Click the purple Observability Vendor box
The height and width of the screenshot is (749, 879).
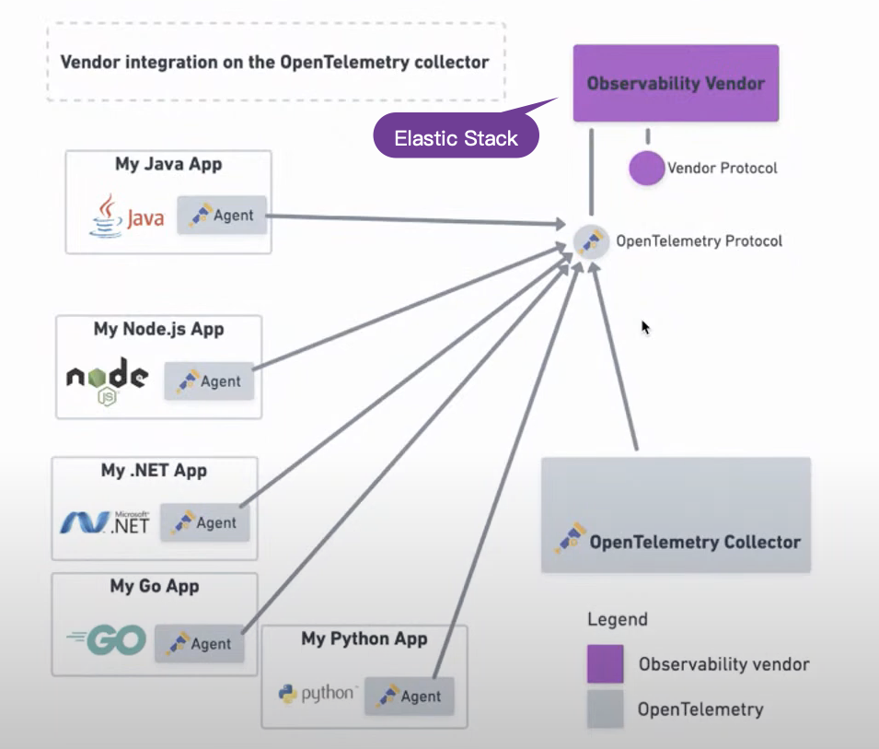676,83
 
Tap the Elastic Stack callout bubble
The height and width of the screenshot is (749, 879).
456,139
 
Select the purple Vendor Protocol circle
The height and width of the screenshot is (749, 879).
647,169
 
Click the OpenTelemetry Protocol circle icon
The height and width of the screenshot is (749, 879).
591,240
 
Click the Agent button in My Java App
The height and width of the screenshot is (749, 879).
222,217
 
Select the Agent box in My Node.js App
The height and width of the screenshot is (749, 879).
209,381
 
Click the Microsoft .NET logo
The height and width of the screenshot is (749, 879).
103,522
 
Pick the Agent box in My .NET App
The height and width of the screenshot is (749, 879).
205,522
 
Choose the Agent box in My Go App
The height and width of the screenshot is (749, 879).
199,644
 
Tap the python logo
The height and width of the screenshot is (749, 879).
317,694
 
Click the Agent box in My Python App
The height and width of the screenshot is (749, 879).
410,696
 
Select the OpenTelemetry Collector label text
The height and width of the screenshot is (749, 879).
695,543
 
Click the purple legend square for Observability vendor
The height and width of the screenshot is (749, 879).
605,664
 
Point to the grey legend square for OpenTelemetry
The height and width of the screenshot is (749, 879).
605,710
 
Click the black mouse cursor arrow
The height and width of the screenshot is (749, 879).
645,326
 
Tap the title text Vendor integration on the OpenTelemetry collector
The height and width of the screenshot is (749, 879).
274,63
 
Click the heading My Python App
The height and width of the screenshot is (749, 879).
364,638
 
